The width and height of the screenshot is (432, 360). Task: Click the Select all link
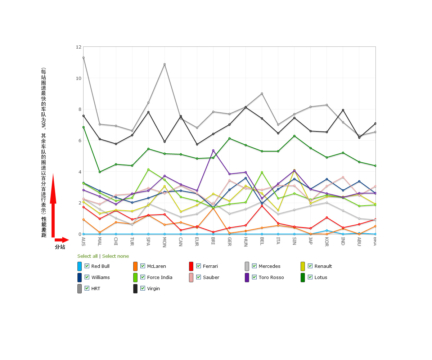(87, 256)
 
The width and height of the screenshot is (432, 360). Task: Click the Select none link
(116, 256)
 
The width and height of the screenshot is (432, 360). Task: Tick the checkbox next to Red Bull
(87, 266)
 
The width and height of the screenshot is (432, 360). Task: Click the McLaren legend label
(156, 266)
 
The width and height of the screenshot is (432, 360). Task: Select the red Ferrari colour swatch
(191, 266)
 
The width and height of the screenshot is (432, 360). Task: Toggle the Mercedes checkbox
(254, 266)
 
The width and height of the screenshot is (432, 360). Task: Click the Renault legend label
(323, 266)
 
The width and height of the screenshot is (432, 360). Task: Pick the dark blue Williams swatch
(80, 278)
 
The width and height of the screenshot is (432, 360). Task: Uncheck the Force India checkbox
(143, 277)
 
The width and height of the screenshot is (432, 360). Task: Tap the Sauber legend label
(211, 278)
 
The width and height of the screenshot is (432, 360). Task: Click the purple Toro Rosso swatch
(247, 278)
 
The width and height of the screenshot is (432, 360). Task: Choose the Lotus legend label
(321, 278)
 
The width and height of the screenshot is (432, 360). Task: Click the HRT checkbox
(87, 288)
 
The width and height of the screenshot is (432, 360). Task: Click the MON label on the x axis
(165, 242)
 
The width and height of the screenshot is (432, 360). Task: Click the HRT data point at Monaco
(165, 64)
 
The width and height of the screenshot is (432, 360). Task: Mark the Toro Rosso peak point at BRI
(213, 150)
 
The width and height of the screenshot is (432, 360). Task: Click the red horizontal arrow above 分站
(62, 240)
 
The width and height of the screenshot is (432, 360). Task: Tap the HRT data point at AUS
(84, 58)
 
